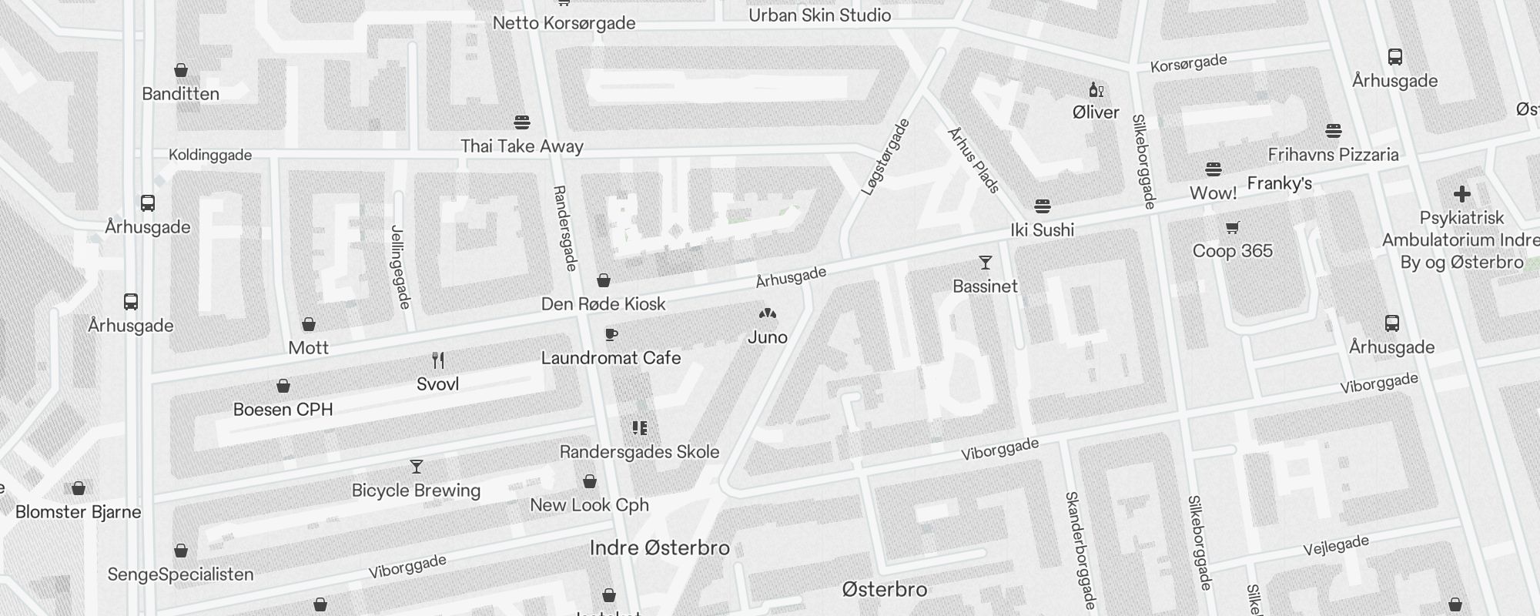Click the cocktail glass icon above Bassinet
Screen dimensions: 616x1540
985,263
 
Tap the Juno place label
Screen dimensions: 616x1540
767,337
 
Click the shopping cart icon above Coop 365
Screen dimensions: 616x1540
1232,227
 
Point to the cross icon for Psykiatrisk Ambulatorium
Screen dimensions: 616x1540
1461,194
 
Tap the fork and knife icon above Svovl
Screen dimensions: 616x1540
437,360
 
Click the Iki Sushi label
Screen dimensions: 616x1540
1042,230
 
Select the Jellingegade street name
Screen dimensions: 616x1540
400,266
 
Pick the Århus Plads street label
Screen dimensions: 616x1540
973,160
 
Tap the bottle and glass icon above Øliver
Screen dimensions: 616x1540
1095,90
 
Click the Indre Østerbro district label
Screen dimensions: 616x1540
659,548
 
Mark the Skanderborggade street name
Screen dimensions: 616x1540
1080,550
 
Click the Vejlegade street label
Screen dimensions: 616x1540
1335,546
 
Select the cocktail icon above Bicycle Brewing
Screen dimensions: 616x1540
417,467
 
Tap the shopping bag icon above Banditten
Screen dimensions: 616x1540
181,71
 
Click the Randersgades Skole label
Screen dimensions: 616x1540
639,452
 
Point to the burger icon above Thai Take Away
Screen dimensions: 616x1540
521,122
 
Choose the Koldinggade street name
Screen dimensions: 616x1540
210,156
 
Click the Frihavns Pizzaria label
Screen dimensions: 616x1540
1333,155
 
